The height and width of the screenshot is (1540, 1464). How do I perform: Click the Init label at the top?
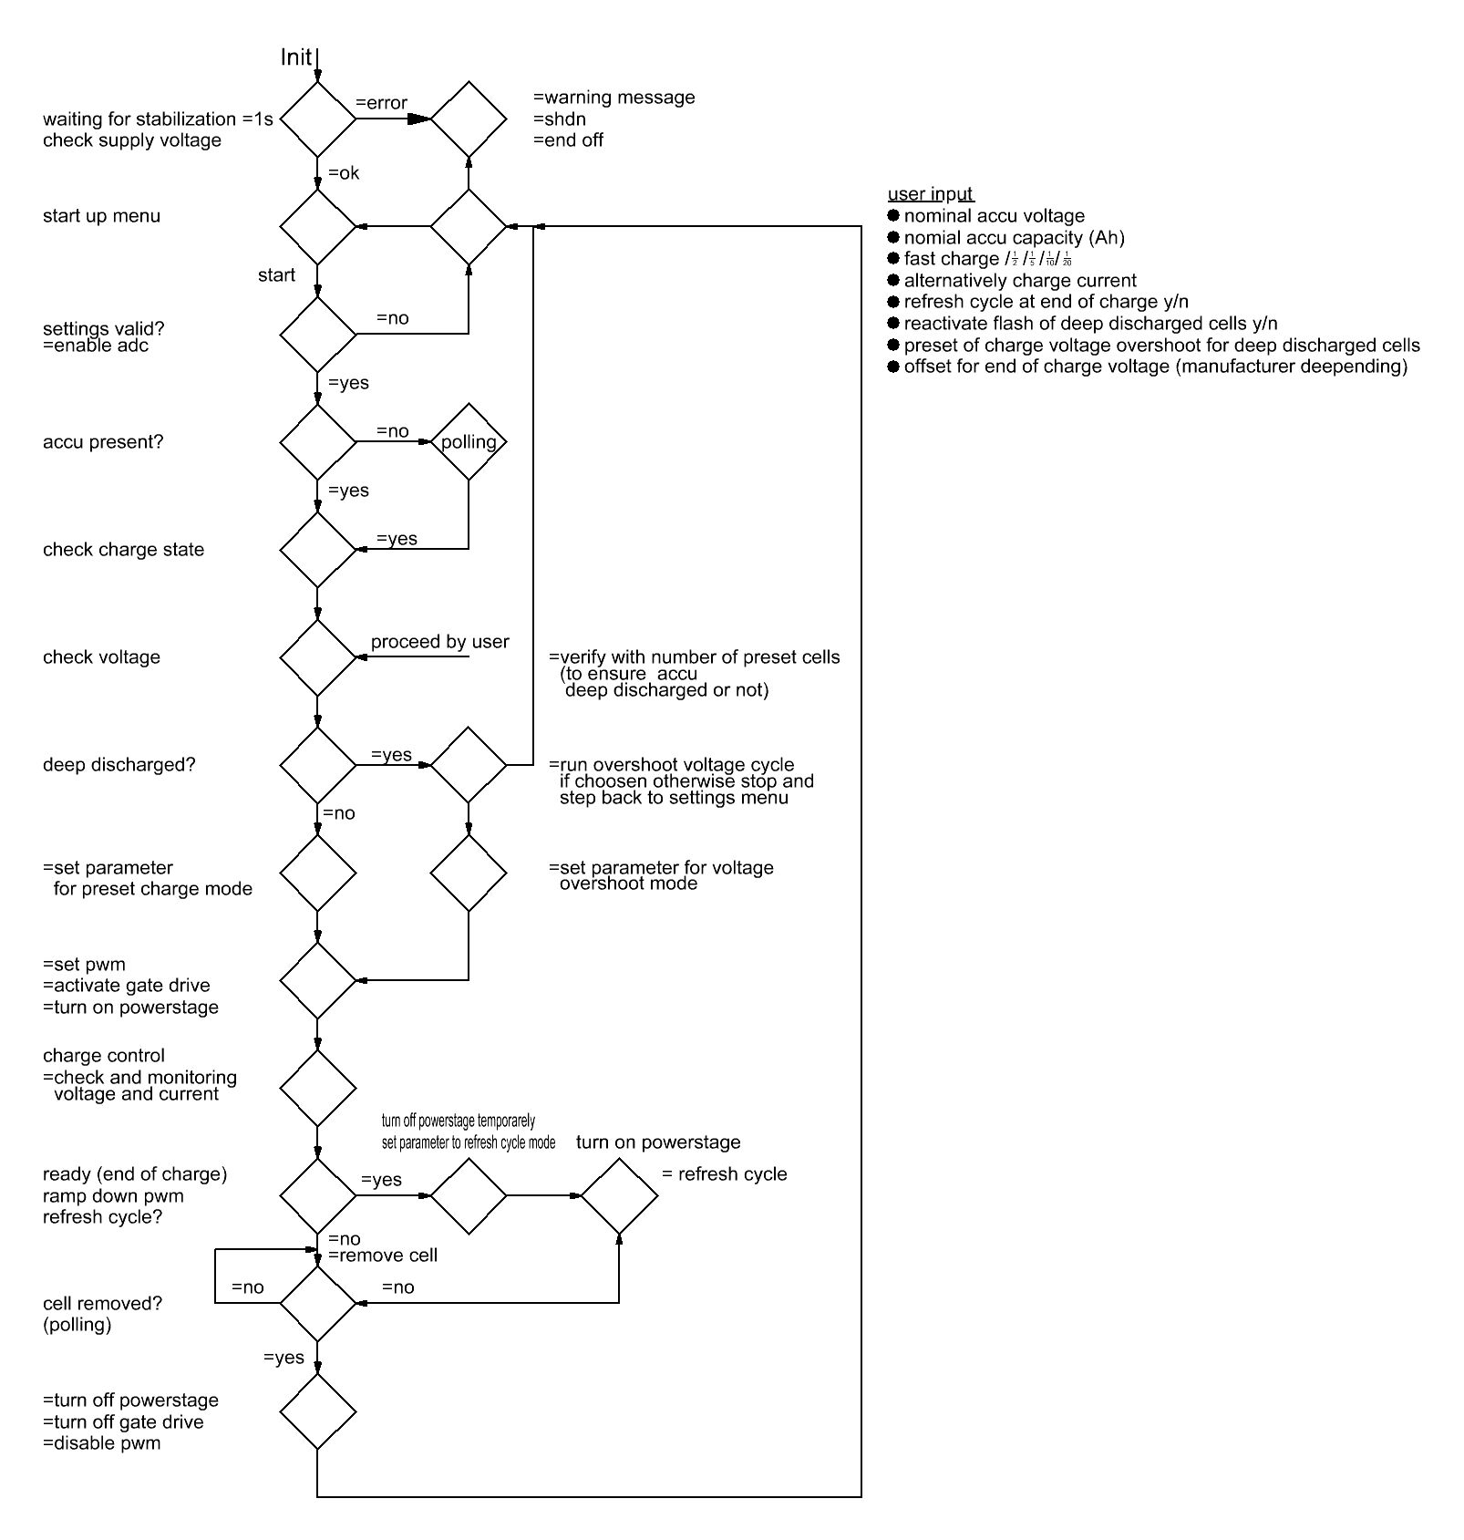tap(295, 57)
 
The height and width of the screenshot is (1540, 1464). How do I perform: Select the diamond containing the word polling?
tap(469, 442)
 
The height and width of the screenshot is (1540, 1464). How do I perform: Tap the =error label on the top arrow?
tap(381, 103)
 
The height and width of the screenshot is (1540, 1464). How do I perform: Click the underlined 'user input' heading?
tap(931, 194)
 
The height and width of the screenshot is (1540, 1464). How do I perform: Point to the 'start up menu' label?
tap(101, 216)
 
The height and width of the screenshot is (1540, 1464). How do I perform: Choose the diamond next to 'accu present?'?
tap(317, 442)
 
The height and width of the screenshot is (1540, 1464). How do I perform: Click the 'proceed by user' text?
tap(439, 642)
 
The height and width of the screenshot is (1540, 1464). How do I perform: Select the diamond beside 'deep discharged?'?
tap(317, 765)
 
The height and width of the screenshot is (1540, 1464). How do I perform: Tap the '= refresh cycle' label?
tap(724, 1174)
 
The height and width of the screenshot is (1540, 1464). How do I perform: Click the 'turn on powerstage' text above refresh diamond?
tap(658, 1142)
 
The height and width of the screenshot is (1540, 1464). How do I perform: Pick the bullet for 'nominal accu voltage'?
tap(893, 215)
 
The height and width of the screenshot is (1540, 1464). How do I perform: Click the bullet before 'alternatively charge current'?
tap(893, 280)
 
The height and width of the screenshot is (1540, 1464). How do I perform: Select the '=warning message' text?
tap(613, 98)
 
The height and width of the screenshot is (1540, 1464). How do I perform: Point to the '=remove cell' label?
tap(383, 1256)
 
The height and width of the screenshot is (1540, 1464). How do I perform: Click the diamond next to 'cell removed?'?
tap(317, 1303)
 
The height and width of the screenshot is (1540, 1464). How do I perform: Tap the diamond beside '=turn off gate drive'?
tap(317, 1411)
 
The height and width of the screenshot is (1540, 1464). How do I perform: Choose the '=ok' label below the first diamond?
tap(344, 173)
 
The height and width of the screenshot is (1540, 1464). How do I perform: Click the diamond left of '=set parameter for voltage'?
tap(469, 873)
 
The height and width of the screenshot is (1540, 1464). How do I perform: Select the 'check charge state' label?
tap(123, 550)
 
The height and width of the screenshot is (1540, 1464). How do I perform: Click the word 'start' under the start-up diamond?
tap(276, 275)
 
